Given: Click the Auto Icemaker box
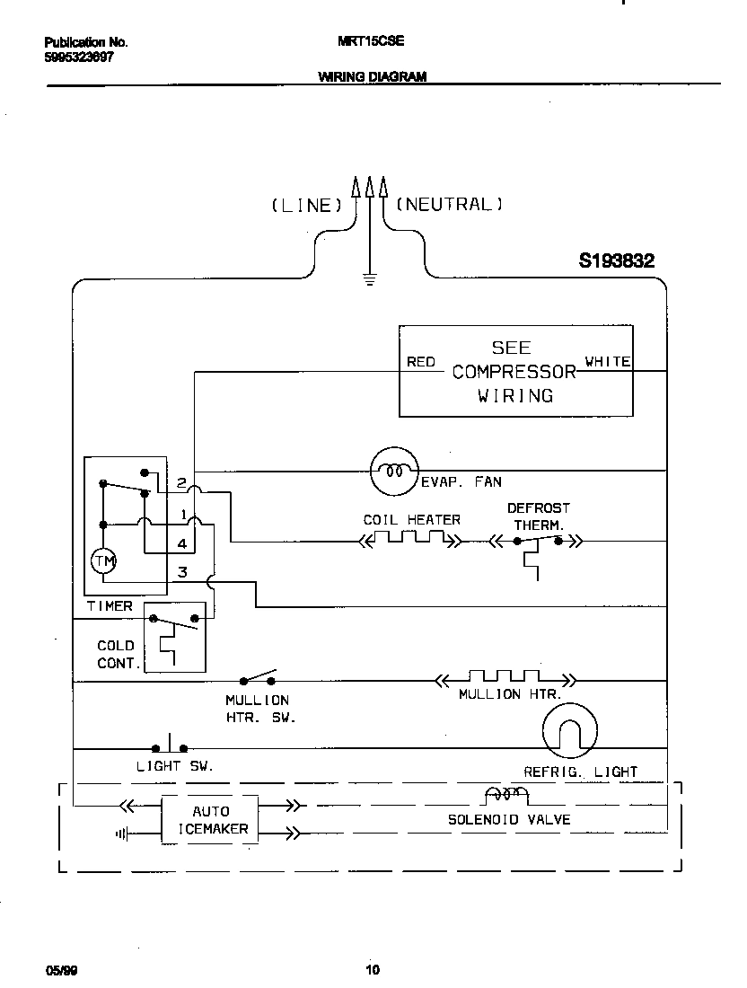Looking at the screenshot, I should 210,819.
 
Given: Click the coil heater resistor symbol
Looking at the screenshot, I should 411,540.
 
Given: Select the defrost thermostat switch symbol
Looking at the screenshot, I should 537,542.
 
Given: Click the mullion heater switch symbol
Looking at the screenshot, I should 259,677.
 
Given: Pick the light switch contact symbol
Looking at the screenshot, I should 170,745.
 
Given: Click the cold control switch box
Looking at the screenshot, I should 175,636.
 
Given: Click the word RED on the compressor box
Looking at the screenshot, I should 420,362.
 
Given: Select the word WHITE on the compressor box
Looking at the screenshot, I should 608,362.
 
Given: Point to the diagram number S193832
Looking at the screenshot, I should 616,261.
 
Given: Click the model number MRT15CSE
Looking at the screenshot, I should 370,41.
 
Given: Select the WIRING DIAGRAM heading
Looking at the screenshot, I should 372,77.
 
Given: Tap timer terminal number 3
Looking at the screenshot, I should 181,572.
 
